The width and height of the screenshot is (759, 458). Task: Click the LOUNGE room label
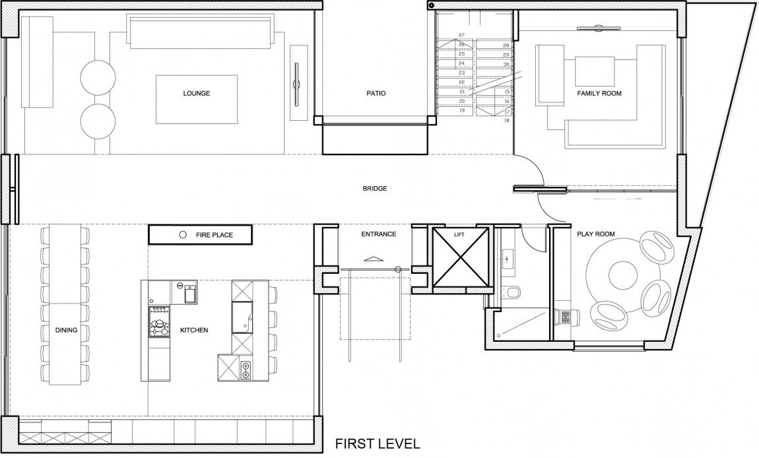coord(197,93)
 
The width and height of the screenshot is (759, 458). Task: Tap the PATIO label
coord(376,93)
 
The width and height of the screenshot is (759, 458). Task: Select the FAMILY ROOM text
coord(599,93)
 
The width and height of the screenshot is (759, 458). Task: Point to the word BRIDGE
coord(375,188)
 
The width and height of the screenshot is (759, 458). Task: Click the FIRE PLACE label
coord(214,235)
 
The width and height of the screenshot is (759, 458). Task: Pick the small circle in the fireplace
coord(183,235)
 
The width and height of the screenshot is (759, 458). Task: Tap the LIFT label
coord(459,235)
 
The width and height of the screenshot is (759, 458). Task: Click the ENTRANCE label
coord(379,234)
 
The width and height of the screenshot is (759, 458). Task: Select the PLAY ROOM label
coord(596,234)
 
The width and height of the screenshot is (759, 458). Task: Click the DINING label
coord(66,330)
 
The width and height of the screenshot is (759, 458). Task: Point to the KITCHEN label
coord(194,330)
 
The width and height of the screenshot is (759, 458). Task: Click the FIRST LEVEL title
coord(378,443)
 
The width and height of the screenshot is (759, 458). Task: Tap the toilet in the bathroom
coord(511,292)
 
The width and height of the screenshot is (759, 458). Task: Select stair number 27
coord(461,35)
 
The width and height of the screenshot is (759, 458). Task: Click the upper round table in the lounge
coord(98,77)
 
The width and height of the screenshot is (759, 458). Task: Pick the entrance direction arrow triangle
coord(373,259)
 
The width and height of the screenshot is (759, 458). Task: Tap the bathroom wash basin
coord(508,257)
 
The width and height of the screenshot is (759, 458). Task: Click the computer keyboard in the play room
coord(564,317)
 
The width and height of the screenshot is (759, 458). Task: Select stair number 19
coord(461,111)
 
